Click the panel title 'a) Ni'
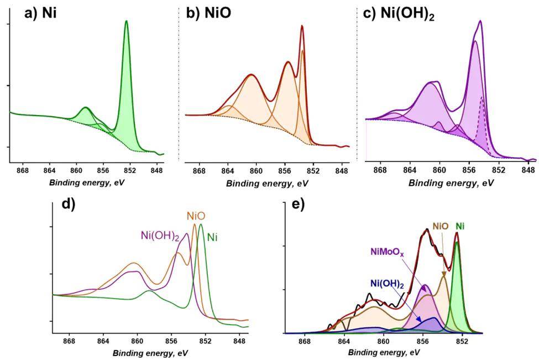(40, 13)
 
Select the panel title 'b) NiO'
(208, 13)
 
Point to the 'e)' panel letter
(298, 205)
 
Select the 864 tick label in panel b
(228, 171)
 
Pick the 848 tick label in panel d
(239, 341)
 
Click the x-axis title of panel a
(87, 182)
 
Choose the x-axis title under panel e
(384, 352)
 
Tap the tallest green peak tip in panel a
(126, 21)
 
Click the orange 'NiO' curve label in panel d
(196, 216)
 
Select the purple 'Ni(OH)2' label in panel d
(160, 236)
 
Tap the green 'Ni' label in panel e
(460, 226)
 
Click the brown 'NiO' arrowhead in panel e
(444, 274)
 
